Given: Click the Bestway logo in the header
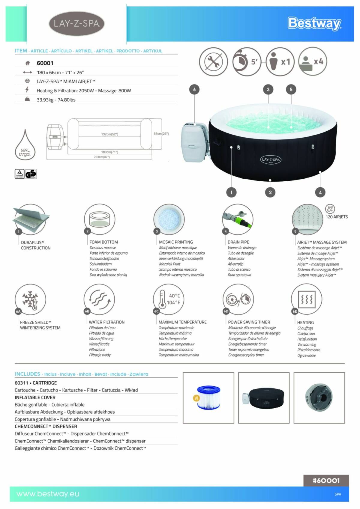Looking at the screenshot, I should click(x=314, y=23).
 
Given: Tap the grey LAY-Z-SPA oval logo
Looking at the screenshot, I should click(x=76, y=24).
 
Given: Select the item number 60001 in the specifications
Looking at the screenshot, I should click(x=45, y=63).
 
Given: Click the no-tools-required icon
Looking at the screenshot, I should click(x=213, y=62).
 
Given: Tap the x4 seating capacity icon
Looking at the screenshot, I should click(x=313, y=61).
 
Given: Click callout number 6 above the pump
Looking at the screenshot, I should click(x=194, y=89).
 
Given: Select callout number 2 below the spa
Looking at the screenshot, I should click(x=270, y=192).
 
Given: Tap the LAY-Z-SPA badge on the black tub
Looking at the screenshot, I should click(x=271, y=159).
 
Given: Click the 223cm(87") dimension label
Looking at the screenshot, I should click(x=102, y=157).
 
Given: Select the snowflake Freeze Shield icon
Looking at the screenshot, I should click(x=30, y=299).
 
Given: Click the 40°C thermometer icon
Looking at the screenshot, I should click(x=168, y=299).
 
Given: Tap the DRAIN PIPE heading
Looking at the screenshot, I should click(x=238, y=242).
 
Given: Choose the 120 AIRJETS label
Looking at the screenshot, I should click(x=337, y=217).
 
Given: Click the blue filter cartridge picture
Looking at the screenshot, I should click(x=208, y=397).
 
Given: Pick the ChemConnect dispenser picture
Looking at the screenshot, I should click(x=319, y=397).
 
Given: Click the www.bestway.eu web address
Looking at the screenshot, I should click(x=48, y=494).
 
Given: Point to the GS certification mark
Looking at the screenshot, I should click(x=31, y=174).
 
